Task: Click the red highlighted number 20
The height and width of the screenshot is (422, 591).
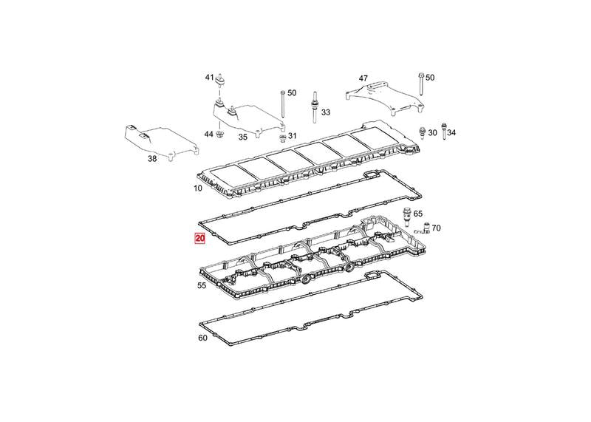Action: click(x=199, y=239)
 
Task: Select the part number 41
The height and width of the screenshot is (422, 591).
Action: click(x=210, y=78)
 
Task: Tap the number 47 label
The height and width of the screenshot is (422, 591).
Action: click(x=363, y=78)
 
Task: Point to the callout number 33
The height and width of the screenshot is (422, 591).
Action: click(x=326, y=112)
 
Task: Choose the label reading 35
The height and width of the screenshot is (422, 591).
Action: click(x=243, y=137)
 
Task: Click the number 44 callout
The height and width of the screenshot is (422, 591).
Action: click(x=209, y=134)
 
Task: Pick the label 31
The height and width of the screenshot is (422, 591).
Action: click(x=293, y=136)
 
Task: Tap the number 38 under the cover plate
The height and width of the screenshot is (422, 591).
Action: click(x=152, y=159)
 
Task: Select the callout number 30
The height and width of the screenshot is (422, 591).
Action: click(x=433, y=133)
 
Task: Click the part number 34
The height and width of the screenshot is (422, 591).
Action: click(x=451, y=133)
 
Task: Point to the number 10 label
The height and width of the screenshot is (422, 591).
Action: click(x=198, y=188)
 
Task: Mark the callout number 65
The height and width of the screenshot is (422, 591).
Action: click(x=418, y=214)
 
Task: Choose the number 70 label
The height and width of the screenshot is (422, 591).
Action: click(x=436, y=228)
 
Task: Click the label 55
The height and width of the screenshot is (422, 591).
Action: click(x=202, y=285)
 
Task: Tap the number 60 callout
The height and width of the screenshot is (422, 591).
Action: click(x=202, y=338)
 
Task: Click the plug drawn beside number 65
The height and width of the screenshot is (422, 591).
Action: click(x=406, y=216)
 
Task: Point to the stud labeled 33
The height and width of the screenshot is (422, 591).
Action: click(x=313, y=107)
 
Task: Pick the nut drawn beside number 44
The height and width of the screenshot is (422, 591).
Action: click(x=219, y=134)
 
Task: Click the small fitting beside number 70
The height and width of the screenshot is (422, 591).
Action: click(x=423, y=229)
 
